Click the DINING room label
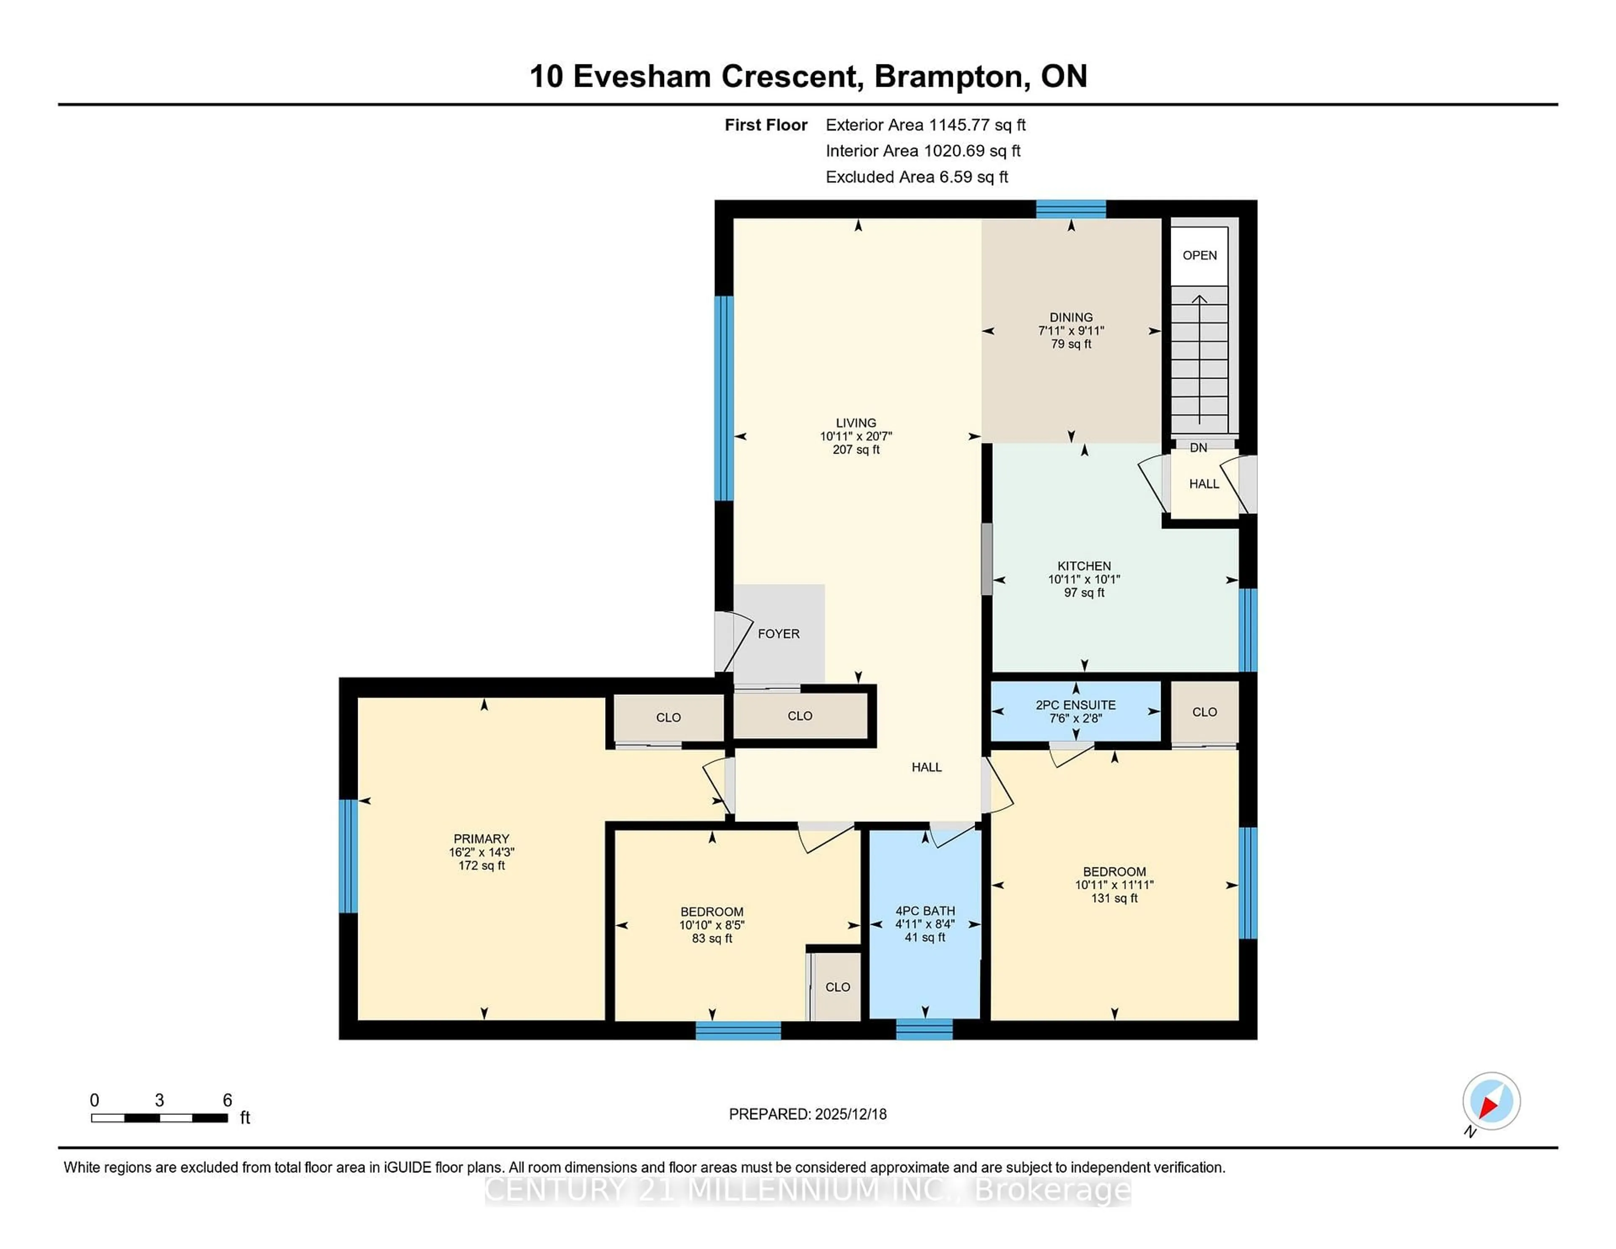click(x=1071, y=317)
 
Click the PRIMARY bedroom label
click(x=481, y=838)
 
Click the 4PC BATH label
click(x=925, y=911)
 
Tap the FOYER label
click(x=779, y=633)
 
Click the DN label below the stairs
click(x=1199, y=448)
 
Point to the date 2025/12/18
click(x=850, y=1113)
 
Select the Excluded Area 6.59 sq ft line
click(x=917, y=177)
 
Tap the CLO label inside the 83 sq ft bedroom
click(x=837, y=987)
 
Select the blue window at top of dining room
click(x=1071, y=210)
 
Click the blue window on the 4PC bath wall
click(x=924, y=1029)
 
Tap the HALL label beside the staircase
click(x=1204, y=484)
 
